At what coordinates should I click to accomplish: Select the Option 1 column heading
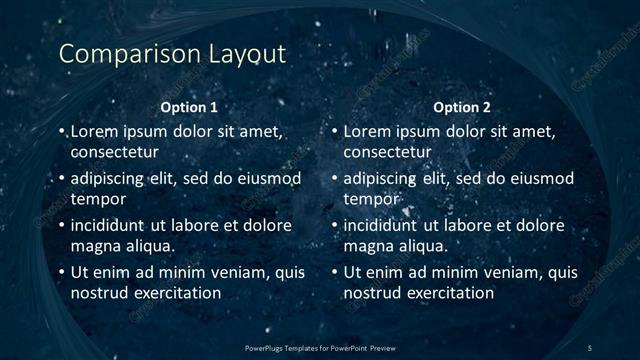coord(188,107)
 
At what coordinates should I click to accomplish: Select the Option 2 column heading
coord(461,107)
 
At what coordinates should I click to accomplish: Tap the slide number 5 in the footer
coord(591,347)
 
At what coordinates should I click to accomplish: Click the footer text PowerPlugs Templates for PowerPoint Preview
coord(320,347)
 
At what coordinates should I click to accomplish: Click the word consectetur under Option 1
coord(115,152)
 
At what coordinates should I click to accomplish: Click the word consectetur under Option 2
coord(388,152)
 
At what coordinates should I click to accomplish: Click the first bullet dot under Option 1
coord(62,132)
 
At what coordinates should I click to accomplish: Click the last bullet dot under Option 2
coord(335,273)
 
